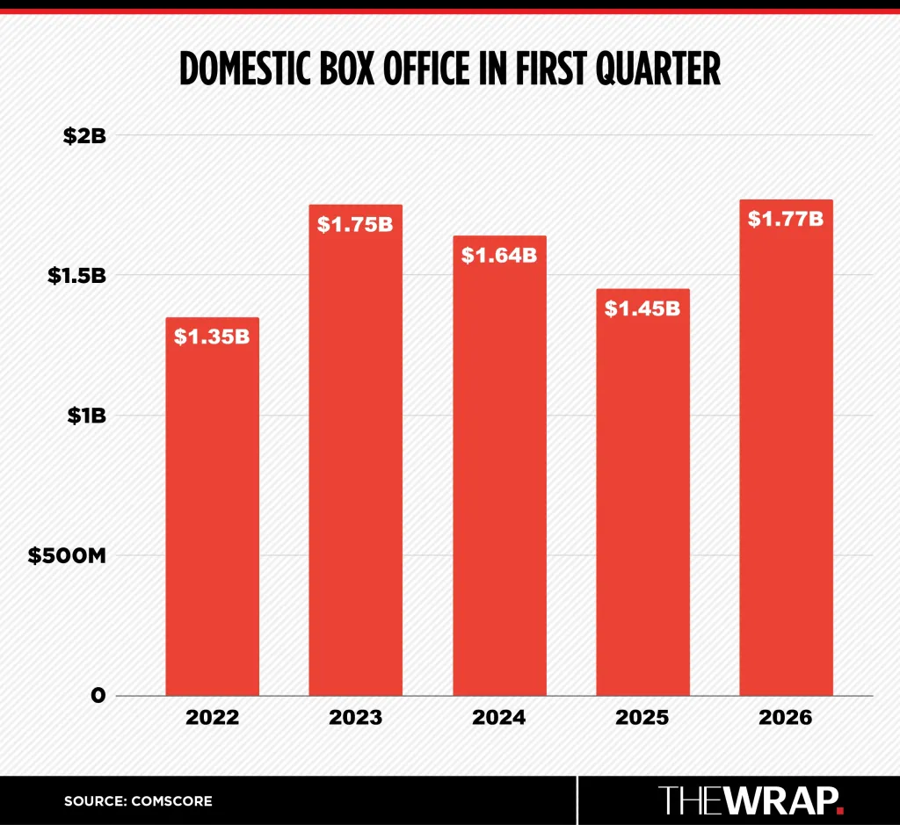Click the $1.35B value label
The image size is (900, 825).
[x=212, y=337]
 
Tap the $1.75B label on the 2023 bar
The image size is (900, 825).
[x=355, y=225]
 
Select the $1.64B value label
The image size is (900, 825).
[x=499, y=256]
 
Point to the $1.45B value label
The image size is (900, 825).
[x=642, y=308]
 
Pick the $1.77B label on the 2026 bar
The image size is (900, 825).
[x=786, y=219]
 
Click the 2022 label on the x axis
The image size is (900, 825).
[x=212, y=717]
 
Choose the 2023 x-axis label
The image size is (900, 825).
[x=355, y=717]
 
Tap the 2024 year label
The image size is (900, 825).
[x=499, y=717]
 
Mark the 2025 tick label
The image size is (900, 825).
[x=642, y=717]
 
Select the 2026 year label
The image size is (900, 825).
[x=786, y=717]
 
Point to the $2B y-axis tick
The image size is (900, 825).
[x=84, y=136]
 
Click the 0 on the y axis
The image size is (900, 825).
[x=98, y=696]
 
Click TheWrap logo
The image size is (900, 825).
[x=751, y=800]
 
